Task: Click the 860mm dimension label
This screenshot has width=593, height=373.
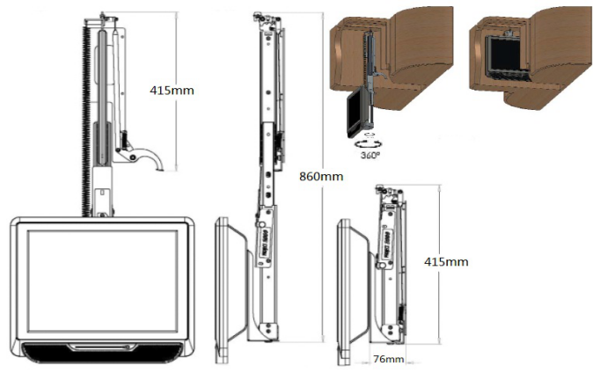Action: (x=321, y=176)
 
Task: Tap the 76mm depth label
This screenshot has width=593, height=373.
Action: (x=387, y=359)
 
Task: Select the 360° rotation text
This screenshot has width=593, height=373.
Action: (x=370, y=154)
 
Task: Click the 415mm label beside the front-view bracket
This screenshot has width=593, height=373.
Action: (x=172, y=89)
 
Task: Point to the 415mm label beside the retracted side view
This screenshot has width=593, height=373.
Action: (x=446, y=261)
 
